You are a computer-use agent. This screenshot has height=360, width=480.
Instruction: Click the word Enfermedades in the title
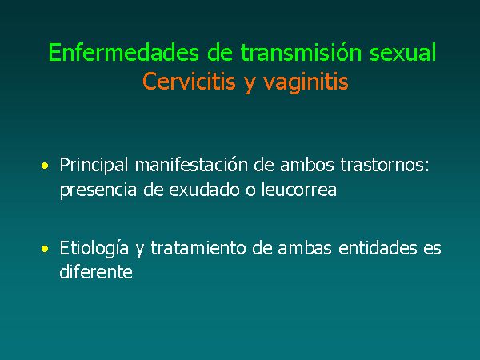tap(124, 52)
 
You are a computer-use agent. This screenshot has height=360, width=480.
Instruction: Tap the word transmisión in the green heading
tap(301, 52)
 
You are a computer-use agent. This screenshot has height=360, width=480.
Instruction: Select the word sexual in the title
tap(402, 52)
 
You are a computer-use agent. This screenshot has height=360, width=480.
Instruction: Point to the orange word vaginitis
tap(306, 82)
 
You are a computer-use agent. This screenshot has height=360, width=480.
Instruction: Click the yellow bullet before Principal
tap(45, 166)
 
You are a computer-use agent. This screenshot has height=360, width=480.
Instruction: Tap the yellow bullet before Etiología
tap(45, 249)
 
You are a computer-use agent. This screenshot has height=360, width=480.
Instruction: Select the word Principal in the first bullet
tap(94, 166)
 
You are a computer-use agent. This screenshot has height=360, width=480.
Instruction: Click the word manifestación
tap(191, 165)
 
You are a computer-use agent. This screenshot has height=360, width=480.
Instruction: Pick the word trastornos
tap(385, 166)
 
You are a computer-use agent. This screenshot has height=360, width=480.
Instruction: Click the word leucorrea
tap(299, 189)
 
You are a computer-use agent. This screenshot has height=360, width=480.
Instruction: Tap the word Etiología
tap(94, 249)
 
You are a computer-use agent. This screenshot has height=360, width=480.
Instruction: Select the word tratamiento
tap(198, 248)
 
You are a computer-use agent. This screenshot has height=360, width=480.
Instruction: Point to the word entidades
tap(378, 248)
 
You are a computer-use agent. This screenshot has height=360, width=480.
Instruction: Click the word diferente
tap(96, 271)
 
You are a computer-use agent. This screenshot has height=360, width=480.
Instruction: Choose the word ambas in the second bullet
tap(305, 248)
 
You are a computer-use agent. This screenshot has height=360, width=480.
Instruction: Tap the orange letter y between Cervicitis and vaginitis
tap(250, 83)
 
